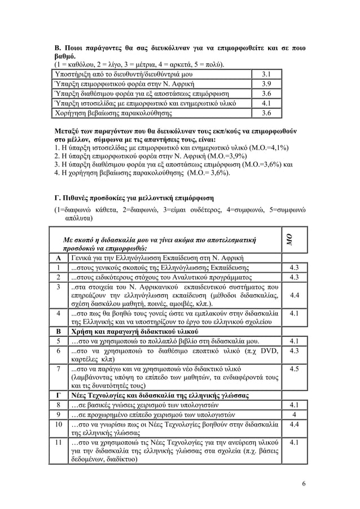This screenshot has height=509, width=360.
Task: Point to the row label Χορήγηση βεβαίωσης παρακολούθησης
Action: [112, 113]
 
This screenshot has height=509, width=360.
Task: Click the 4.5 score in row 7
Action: [293, 370]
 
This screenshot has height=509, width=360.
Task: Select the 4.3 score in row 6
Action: [293, 350]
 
